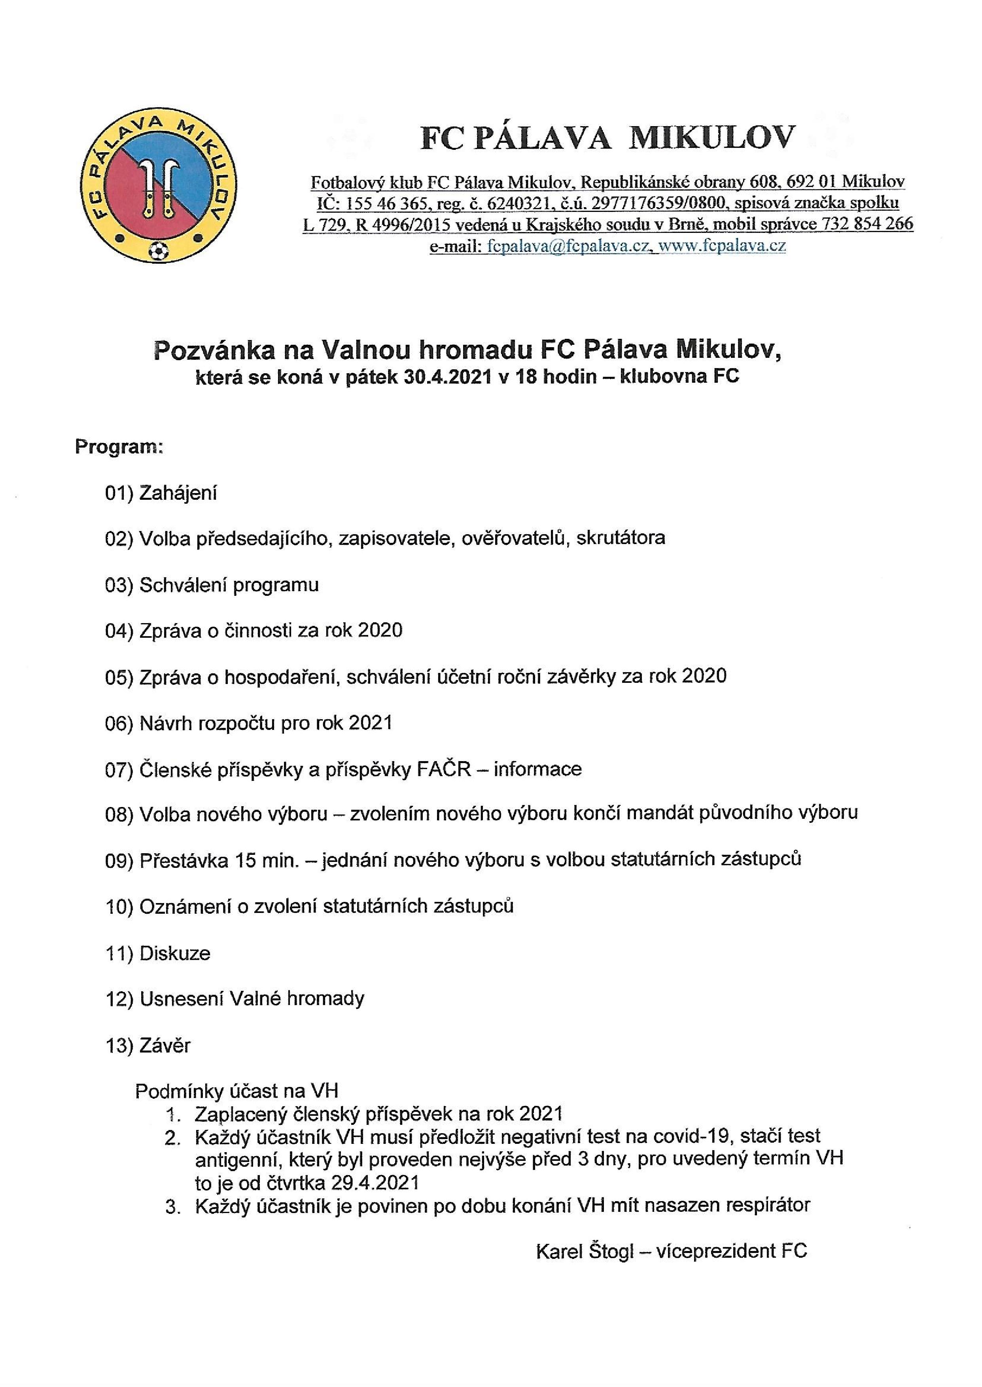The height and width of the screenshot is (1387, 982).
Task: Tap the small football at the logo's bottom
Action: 159,249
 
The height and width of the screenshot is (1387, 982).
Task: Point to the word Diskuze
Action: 175,953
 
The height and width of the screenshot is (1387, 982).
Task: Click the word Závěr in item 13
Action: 165,1045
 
